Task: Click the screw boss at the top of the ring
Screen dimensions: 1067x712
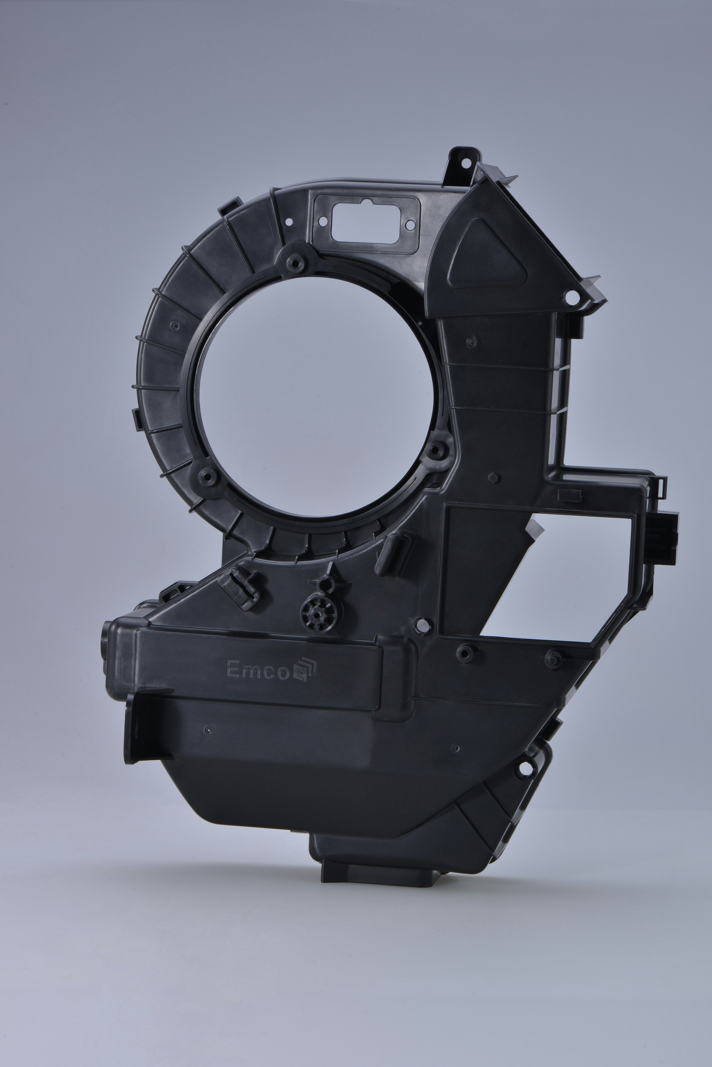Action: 296,261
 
